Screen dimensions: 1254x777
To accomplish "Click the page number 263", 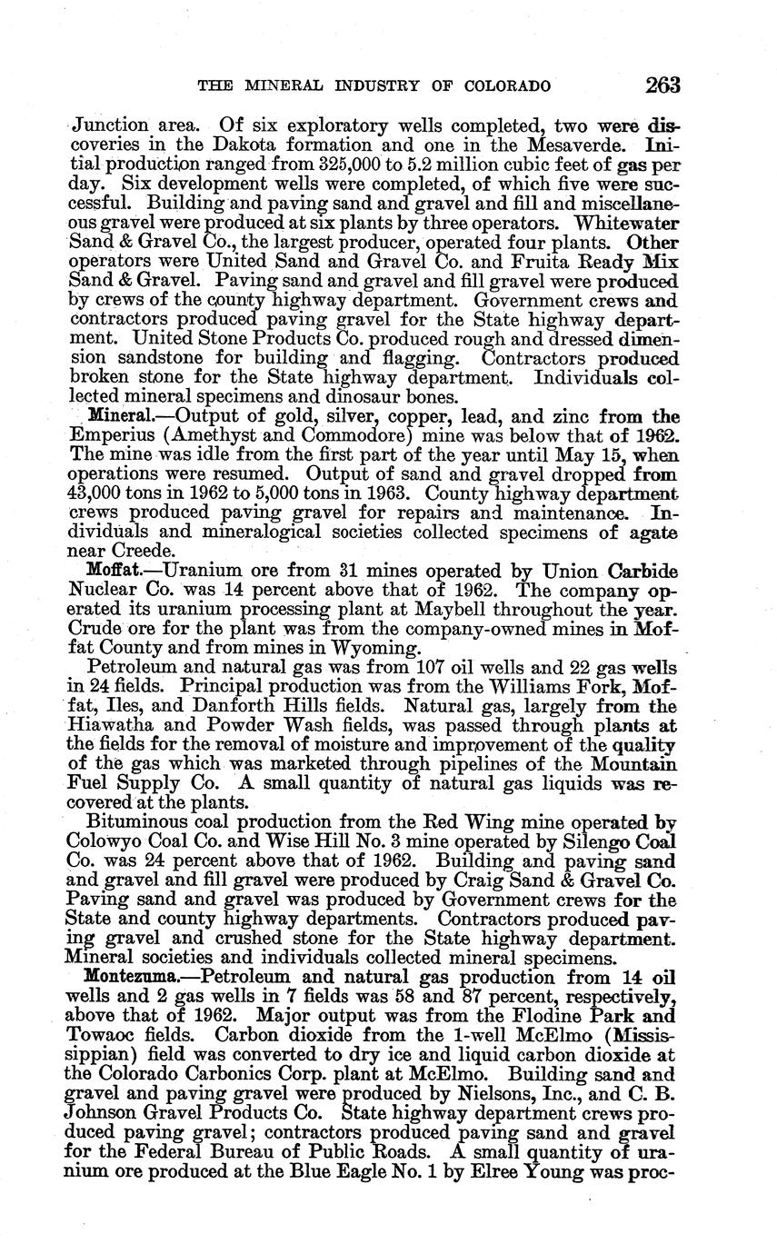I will pos(662,85).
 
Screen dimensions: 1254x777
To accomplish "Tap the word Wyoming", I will pos(373,648).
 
